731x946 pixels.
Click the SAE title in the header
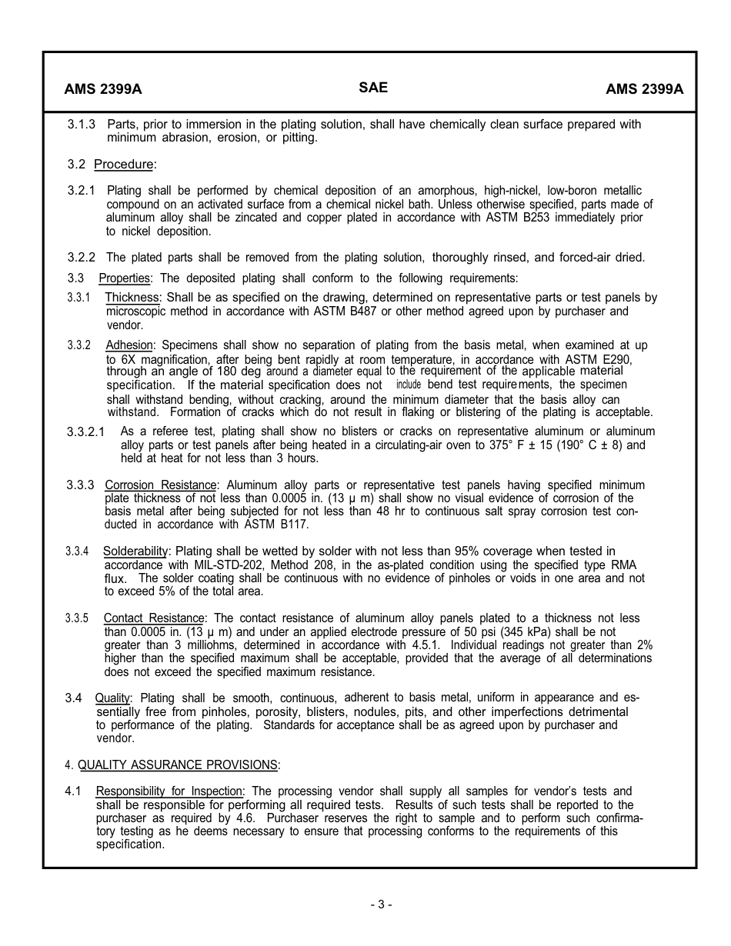(x=373, y=88)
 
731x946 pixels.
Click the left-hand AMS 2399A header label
(x=103, y=88)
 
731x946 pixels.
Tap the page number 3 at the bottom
(x=381, y=904)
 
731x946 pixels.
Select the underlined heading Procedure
(x=123, y=164)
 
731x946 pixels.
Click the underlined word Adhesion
(x=130, y=345)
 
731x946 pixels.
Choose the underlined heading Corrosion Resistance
(x=161, y=485)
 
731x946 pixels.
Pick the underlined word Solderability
(x=135, y=551)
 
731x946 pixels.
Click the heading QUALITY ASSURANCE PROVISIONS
(x=178, y=764)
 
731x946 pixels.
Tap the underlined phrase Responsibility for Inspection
(x=169, y=791)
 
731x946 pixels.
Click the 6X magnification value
(x=118, y=359)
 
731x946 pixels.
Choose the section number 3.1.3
(x=82, y=125)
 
